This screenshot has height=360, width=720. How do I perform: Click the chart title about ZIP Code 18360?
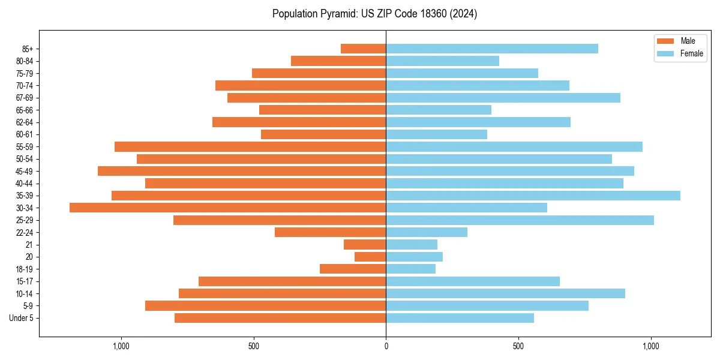[x=374, y=14]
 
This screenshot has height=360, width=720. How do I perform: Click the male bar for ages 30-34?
[x=227, y=208]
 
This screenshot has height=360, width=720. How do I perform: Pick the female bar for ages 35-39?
[x=533, y=196]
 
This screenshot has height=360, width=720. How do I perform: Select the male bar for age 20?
[x=370, y=257]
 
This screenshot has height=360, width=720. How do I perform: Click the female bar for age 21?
[x=412, y=245]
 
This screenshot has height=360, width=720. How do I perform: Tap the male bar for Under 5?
[x=280, y=318]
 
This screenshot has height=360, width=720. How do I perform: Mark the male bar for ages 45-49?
[x=242, y=171]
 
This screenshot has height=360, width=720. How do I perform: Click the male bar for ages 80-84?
[x=338, y=61]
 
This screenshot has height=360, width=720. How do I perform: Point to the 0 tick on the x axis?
[x=386, y=346]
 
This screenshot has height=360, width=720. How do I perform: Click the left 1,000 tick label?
[x=121, y=346]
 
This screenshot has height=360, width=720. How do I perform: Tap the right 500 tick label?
[x=518, y=346]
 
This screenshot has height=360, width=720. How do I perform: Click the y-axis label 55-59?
[x=25, y=146]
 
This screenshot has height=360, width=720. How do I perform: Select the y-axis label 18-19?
[x=25, y=269]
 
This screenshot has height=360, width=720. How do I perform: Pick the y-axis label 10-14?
[x=25, y=293]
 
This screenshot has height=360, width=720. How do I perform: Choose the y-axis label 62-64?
[x=25, y=122]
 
